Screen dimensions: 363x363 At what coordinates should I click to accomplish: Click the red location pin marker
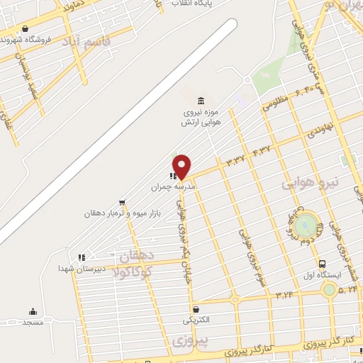tap(182, 166)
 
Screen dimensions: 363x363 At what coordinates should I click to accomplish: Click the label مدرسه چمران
tap(172, 187)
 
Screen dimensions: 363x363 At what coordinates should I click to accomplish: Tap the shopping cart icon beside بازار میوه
tap(123, 202)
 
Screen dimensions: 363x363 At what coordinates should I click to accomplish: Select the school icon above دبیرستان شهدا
tap(82, 257)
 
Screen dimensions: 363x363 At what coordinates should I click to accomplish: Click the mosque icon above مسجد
tap(33, 311)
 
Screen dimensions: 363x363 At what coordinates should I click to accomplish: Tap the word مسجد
tap(33, 323)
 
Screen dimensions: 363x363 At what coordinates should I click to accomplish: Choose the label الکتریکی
tap(196, 320)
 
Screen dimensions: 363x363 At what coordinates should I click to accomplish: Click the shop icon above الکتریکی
tap(196, 309)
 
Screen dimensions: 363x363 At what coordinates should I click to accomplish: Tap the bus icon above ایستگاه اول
tap(322, 263)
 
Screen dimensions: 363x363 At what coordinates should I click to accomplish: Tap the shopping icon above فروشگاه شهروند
tap(26, 29)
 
